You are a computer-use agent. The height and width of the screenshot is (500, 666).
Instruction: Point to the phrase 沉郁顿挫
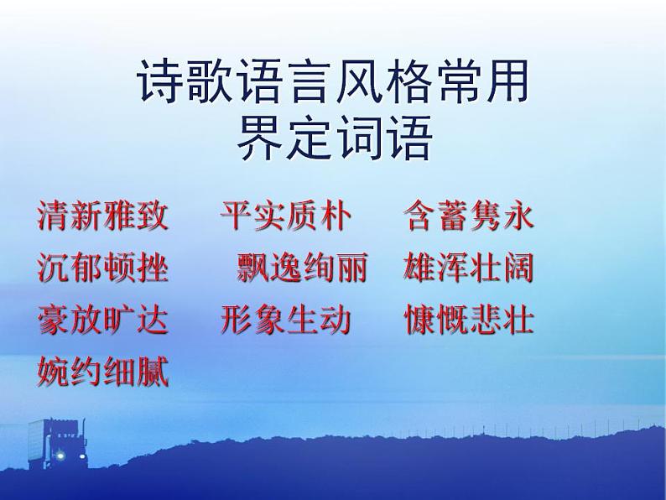[103, 268]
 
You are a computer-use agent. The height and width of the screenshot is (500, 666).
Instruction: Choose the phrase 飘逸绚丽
[302, 268]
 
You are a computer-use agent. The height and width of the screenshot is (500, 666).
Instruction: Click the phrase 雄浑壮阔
[469, 268]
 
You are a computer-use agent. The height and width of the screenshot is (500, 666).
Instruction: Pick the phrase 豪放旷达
[103, 320]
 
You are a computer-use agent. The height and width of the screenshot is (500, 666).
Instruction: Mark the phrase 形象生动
[285, 320]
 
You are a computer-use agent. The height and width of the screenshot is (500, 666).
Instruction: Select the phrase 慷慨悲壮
[469, 320]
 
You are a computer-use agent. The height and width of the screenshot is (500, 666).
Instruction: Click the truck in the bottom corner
[52, 444]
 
